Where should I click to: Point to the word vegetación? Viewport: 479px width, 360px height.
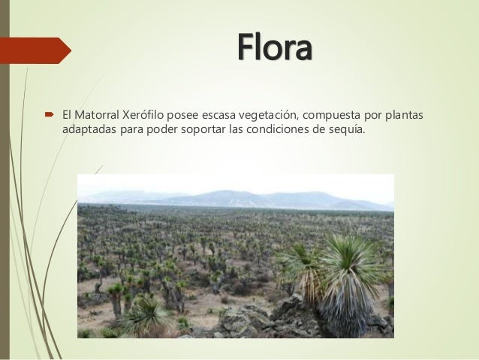point(264,114)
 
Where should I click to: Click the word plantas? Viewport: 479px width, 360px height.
point(403,114)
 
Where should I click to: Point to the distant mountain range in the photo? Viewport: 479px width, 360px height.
point(248,198)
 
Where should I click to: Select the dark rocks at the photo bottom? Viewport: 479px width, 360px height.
point(248,319)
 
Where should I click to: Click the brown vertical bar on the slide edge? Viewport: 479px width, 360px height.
point(4,180)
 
